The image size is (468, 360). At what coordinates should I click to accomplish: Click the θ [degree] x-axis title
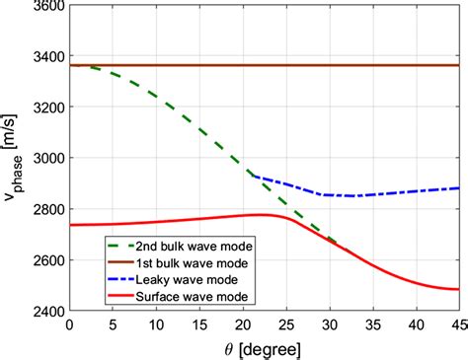tap(264, 347)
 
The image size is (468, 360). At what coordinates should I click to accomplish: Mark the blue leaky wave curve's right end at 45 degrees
tap(459, 187)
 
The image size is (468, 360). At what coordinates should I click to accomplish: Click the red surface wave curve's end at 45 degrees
tap(459, 289)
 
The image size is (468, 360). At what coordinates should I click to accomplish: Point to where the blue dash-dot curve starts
tap(255, 176)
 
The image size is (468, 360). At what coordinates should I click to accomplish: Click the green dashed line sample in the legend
tap(125, 247)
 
